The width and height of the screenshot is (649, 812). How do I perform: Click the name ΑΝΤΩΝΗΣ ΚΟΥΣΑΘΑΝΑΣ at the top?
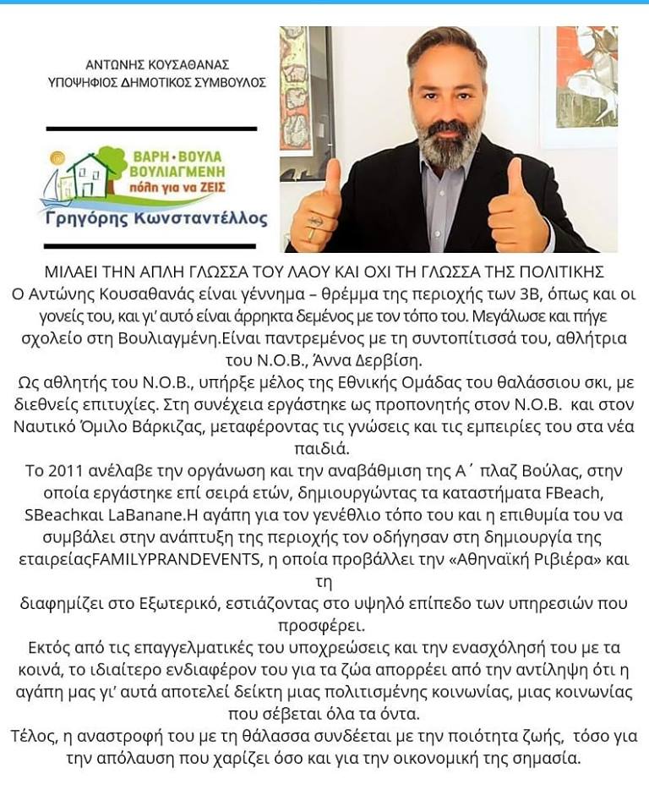pos(157,64)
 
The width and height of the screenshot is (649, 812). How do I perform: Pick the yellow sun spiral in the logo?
pos(57,158)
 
